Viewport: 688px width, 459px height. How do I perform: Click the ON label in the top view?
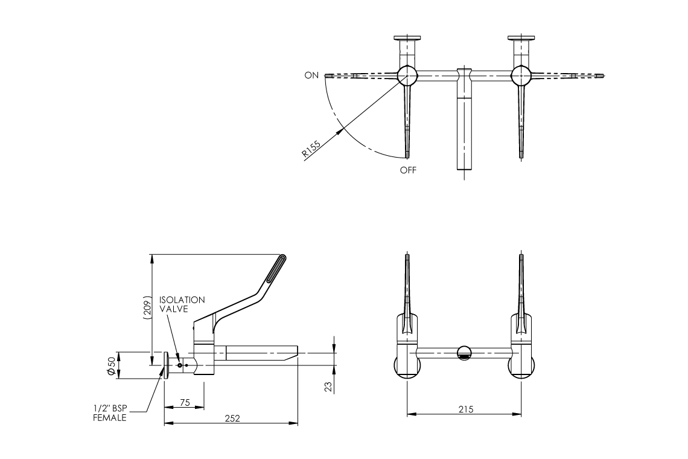click(x=311, y=75)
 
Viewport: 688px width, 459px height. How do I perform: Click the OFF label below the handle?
click(x=408, y=170)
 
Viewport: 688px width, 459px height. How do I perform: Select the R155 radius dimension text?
click(x=311, y=148)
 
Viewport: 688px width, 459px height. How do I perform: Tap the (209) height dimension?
click(x=145, y=309)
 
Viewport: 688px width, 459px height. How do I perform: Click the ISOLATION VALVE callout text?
click(x=182, y=304)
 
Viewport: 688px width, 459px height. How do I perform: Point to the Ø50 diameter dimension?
click(x=111, y=366)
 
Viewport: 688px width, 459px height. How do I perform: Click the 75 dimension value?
click(x=185, y=402)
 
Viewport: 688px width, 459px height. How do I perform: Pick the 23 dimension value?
click(x=329, y=387)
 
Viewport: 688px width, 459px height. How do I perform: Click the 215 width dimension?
click(x=465, y=409)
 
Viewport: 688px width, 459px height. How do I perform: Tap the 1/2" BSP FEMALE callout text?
click(x=110, y=412)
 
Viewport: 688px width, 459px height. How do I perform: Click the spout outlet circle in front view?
click(x=464, y=353)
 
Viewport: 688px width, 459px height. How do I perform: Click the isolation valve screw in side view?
click(x=179, y=365)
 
